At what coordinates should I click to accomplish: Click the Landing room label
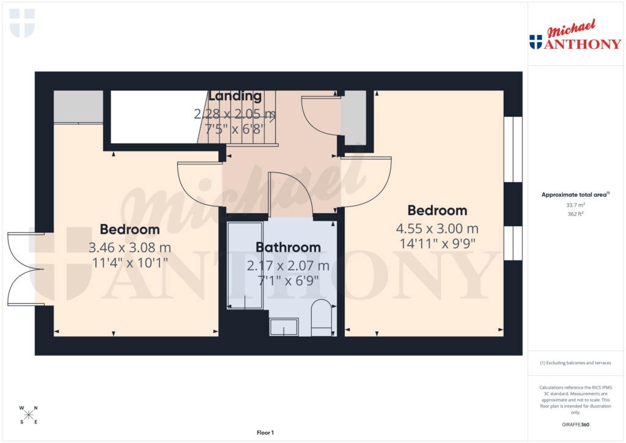coord(235,96)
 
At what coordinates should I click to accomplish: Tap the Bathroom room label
coord(288,247)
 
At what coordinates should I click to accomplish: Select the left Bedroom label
coord(130,230)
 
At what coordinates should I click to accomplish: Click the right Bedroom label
coord(437,211)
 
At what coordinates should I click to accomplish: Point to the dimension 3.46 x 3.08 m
coord(130,248)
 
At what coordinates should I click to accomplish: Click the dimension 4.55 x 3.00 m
coord(437,229)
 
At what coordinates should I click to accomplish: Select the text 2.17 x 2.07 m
coord(288,266)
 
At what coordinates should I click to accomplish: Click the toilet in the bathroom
coord(321,317)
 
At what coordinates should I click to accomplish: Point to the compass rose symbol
coord(28,415)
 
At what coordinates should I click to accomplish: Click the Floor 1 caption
coord(265,433)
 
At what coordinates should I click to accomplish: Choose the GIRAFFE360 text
coord(576,425)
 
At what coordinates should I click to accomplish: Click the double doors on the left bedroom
coord(24,268)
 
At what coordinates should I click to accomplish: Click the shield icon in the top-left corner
coord(23,23)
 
